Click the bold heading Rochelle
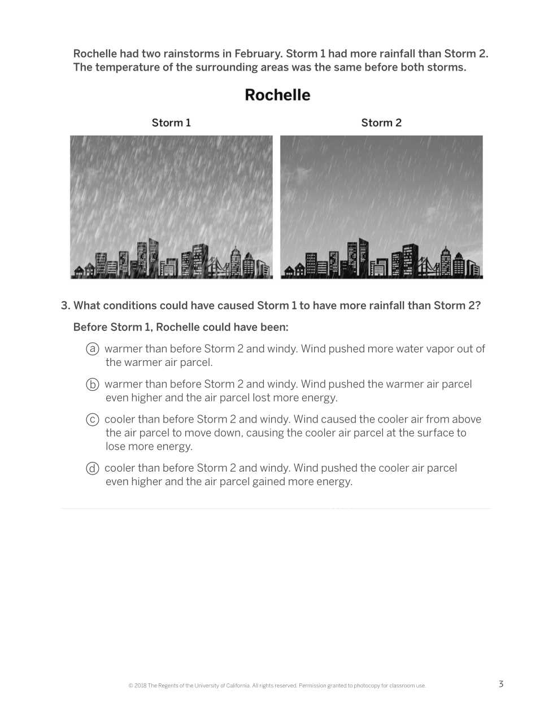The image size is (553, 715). click(x=277, y=95)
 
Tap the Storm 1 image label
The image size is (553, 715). click(x=171, y=123)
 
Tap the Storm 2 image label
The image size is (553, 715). click(x=381, y=123)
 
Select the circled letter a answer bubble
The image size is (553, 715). click(x=93, y=349)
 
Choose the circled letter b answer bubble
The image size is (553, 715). click(x=93, y=385)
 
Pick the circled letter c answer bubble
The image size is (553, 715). click(x=93, y=420)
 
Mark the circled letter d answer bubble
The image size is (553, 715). click(x=93, y=468)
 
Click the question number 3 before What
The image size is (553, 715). click(x=64, y=306)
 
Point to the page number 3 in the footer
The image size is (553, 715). click(x=501, y=684)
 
